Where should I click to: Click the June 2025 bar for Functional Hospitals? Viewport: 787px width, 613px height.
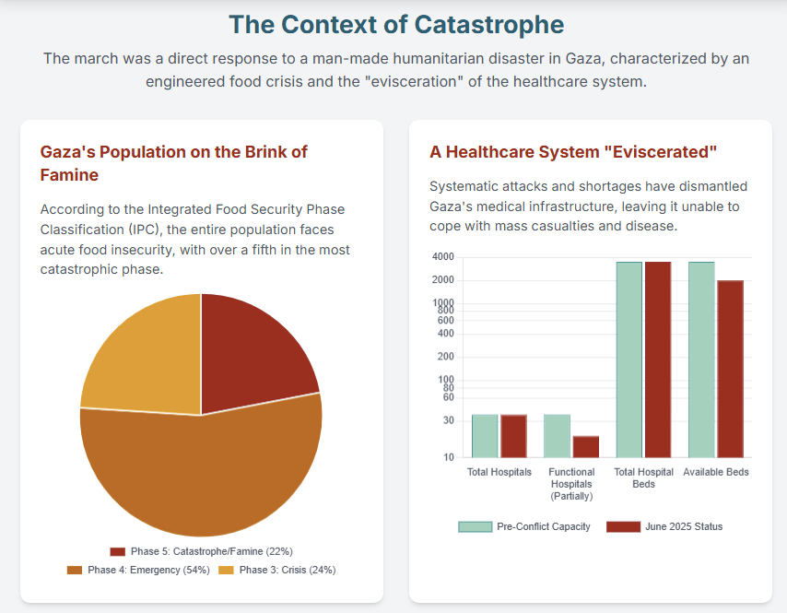586,446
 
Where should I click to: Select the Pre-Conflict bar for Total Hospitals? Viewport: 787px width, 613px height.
485,436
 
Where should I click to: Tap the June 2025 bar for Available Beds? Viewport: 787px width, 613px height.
730,369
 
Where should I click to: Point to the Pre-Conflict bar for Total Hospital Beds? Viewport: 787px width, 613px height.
629,360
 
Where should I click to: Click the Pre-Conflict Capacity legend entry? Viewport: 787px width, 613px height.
524,526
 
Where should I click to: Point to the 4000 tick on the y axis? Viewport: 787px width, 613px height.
442,256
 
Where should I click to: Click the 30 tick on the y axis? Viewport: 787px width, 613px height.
448,420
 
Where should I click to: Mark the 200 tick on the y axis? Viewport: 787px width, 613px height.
445,357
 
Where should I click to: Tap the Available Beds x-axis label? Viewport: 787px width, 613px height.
716,472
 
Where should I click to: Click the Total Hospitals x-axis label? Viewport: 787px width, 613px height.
499,472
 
